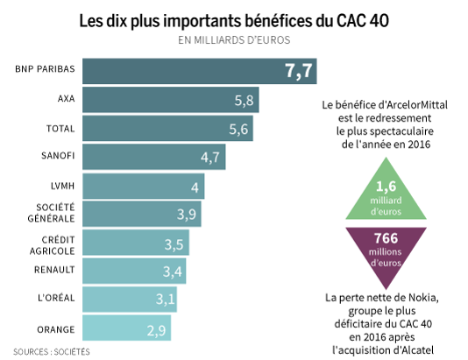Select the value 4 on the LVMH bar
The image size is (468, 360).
click(195, 187)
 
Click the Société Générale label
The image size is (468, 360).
click(79, 214)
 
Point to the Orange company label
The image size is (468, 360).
click(82, 329)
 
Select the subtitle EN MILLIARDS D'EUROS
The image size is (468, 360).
click(234, 39)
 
